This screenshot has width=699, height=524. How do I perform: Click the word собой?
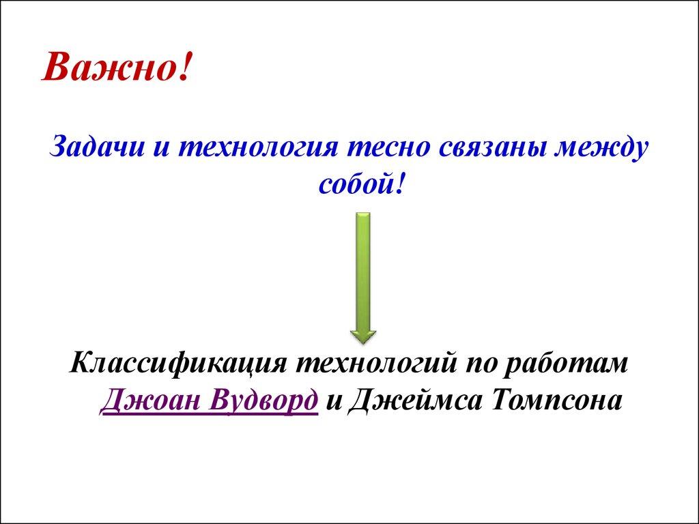[x=354, y=184]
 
